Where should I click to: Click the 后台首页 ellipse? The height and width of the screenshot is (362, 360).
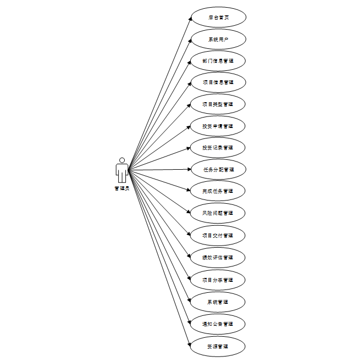coord(218,17)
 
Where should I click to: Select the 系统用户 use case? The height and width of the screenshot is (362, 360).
coord(218,39)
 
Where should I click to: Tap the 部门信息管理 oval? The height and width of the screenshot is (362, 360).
coord(218,60)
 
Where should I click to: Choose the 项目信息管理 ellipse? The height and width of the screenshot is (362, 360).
coord(218,82)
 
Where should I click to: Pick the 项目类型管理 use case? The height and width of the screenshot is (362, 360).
coord(218,104)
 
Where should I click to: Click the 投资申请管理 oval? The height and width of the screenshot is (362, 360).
coord(218,126)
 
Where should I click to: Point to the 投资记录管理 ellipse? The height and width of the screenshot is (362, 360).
coord(218,147)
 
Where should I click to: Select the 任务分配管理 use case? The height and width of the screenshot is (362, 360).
coord(218,169)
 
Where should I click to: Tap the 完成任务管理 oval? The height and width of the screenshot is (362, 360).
coord(218,191)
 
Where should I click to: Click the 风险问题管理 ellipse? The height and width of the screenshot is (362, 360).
coord(218,213)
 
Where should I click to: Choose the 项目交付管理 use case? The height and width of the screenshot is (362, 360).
coord(218,235)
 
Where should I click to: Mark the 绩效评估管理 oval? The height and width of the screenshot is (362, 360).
coord(218,257)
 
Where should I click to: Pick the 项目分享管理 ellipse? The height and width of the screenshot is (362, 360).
coord(218,280)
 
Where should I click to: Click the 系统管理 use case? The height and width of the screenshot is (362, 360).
coord(218,302)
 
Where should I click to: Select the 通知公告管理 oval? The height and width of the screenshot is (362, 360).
coord(218,324)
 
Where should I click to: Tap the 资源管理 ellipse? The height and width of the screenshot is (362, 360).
coord(218,346)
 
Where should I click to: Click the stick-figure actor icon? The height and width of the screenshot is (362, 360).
coord(122,170)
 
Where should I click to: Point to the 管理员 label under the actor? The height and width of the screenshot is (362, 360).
coord(122,188)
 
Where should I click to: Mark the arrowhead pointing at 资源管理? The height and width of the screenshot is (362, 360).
coord(190,343)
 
